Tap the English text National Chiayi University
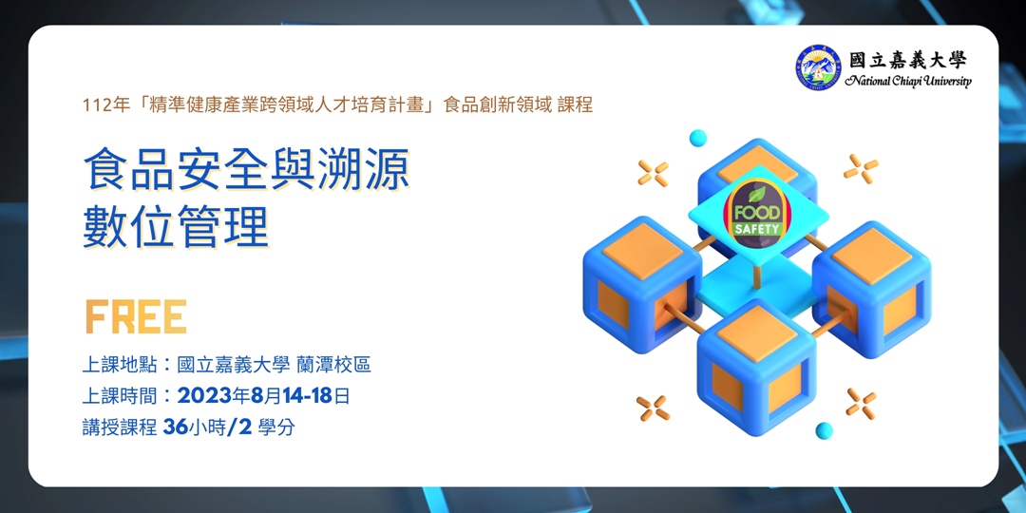[908, 82]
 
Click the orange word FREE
[135, 318]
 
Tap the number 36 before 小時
[175, 427]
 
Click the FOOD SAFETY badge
[756, 212]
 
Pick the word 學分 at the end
[275, 427]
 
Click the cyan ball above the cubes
[698, 139]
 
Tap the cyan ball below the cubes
[824, 430]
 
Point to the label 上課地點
[118, 365]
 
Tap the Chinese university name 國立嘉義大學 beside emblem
[908, 60]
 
